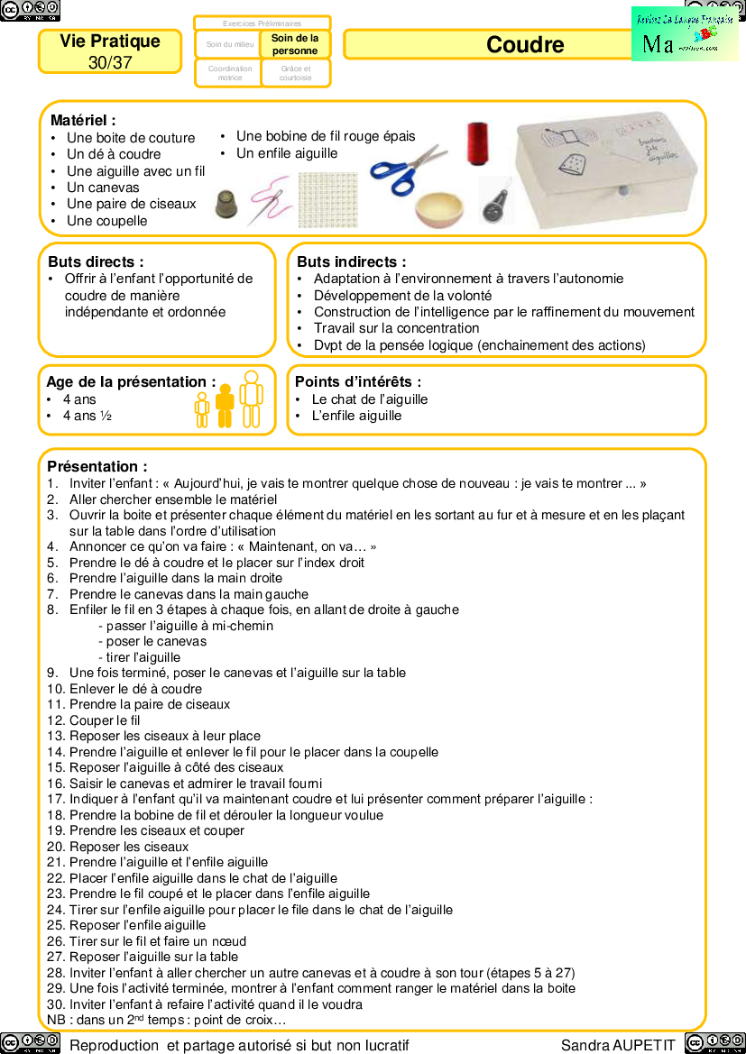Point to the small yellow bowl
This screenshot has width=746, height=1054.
pyautogui.click(x=440, y=208)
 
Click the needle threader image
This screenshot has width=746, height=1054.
pyautogui.click(x=496, y=200)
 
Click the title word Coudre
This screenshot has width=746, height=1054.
pyautogui.click(x=525, y=45)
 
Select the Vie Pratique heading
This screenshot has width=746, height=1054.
pyautogui.click(x=110, y=41)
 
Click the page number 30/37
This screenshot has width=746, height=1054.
pyautogui.click(x=110, y=63)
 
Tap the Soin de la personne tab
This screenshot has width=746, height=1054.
pyautogui.click(x=295, y=44)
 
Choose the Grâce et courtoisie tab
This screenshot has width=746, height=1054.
pyautogui.click(x=295, y=73)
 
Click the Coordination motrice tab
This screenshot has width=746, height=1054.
pyautogui.click(x=230, y=73)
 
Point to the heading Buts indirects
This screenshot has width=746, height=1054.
pyautogui.click(x=351, y=261)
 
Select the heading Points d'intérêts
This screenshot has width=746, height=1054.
pyautogui.click(x=358, y=382)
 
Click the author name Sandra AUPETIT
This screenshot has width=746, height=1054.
pyautogui.click(x=618, y=1045)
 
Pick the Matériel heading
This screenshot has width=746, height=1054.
pyautogui.click(x=83, y=120)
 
